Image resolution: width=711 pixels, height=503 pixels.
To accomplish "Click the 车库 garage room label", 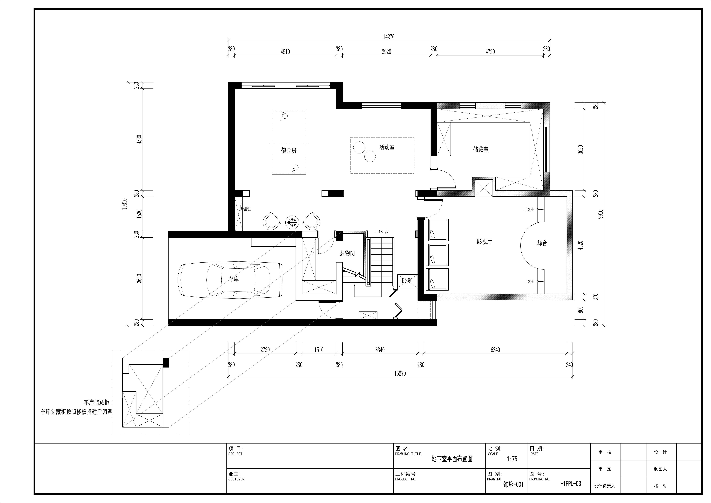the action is [x=234, y=279].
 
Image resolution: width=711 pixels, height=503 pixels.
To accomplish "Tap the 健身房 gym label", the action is [x=289, y=151].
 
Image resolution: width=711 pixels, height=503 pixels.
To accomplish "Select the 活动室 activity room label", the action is [x=387, y=147].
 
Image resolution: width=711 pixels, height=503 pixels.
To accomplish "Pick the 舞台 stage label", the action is [x=542, y=243].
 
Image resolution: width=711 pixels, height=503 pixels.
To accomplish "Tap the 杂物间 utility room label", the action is [x=347, y=253].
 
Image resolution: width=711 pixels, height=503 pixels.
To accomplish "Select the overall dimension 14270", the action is [x=389, y=37].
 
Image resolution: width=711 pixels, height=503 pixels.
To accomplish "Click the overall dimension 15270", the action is [x=400, y=374].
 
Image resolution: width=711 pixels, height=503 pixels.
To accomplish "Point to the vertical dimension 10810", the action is [x=125, y=204].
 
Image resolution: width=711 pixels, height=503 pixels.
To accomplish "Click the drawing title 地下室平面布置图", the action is [x=452, y=459].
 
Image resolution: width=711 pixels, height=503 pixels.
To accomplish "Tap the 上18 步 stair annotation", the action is [x=382, y=231].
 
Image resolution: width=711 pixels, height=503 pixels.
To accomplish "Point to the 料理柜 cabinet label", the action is [x=245, y=209].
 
